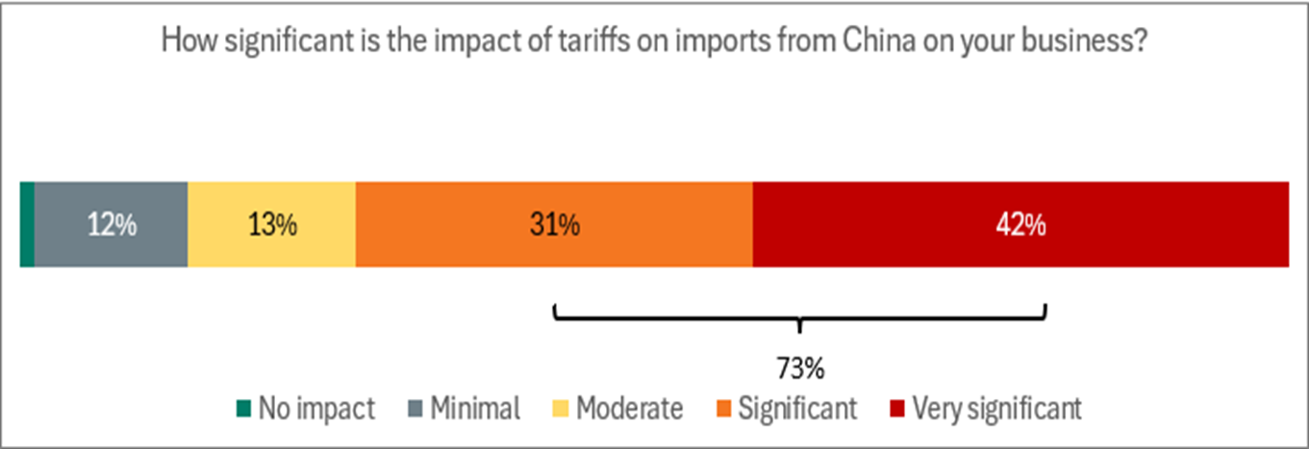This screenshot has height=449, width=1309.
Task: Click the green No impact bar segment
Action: point(27,224)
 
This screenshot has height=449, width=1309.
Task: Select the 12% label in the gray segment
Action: point(112,225)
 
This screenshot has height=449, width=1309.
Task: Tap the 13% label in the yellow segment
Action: point(271,225)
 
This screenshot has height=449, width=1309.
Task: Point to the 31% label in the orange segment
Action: point(554,225)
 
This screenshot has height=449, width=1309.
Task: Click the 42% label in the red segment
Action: point(1020,225)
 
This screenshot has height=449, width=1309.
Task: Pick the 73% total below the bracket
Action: point(799,367)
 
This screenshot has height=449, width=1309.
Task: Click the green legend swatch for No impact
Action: point(243,409)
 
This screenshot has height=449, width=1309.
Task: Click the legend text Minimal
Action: point(474,409)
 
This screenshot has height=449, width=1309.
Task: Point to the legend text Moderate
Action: point(630,409)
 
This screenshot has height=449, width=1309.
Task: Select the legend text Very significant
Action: point(997,409)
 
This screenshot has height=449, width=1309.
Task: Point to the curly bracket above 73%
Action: point(799,318)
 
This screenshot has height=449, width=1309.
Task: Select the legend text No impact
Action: point(316,409)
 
